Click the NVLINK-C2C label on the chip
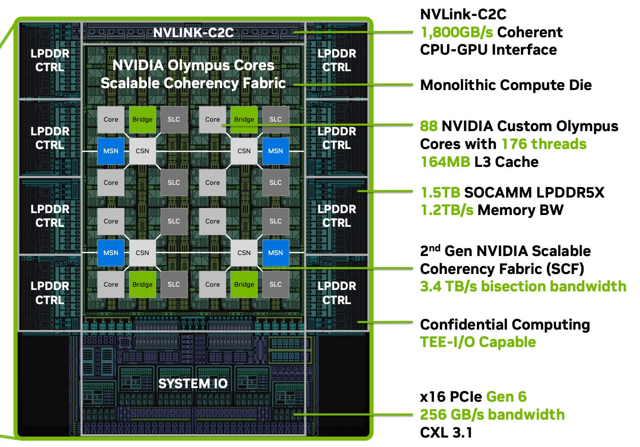(193, 33)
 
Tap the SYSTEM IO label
(193, 383)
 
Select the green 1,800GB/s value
(457, 33)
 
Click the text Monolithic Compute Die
(506, 85)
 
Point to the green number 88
(428, 126)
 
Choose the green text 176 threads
(544, 144)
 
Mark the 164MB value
(445, 162)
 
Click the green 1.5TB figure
(440, 192)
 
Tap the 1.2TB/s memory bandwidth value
(447, 210)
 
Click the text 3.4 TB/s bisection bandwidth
(523, 286)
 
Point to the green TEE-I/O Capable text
(478, 342)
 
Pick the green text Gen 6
(506, 397)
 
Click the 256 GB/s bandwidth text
(492, 415)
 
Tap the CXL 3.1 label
(446, 432)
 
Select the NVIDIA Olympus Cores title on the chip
(193, 66)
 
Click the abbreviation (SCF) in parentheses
(565, 269)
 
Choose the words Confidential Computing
(505, 325)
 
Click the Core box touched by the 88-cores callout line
(212, 120)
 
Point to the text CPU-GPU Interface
(489, 50)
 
